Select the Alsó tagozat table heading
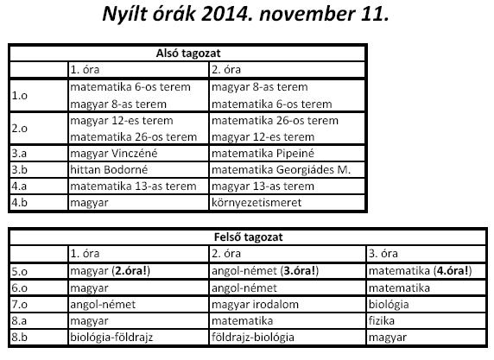click(187, 54)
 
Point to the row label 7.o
click(20, 304)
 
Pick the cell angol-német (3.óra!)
click(266, 270)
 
